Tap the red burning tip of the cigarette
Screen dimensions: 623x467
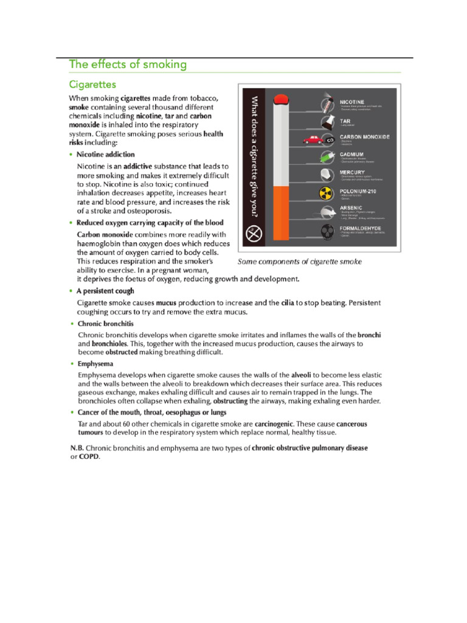coord(281,100)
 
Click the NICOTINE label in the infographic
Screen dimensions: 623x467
coord(352,102)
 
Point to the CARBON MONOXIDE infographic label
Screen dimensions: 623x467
coord(364,137)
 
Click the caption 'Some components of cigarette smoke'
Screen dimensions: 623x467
coord(299,262)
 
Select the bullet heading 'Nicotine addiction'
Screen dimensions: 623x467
coord(106,155)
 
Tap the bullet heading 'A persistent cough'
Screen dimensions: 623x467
coord(105,291)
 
